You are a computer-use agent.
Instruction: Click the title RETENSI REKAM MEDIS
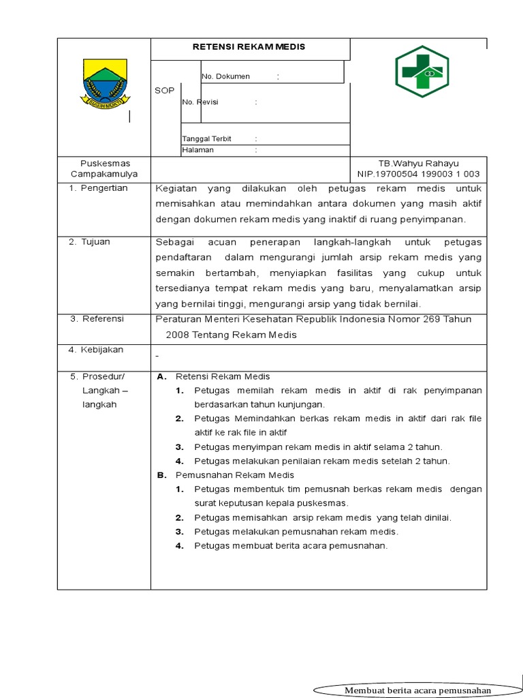251,47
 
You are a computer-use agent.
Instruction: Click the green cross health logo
423,71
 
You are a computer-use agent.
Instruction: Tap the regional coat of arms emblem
104,85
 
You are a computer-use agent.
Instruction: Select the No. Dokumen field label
226,76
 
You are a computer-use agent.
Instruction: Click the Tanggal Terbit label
207,138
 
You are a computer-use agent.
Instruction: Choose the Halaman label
198,150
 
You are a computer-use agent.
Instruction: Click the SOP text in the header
164,91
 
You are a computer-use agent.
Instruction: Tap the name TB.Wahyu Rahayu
419,164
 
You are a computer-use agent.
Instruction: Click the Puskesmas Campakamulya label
104,168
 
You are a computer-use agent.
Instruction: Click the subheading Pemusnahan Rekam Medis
234,474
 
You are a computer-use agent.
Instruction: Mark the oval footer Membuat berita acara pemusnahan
417,690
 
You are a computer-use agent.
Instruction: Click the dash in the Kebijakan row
157,356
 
